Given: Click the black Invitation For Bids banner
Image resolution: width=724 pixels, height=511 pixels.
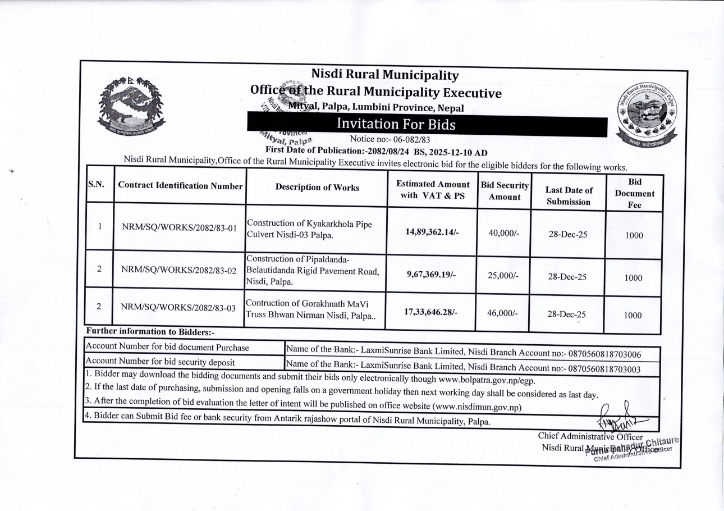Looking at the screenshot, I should click(x=427, y=125).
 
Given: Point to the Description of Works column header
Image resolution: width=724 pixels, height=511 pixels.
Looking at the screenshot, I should click(x=317, y=188).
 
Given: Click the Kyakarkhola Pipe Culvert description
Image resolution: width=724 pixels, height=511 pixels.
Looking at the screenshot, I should click(x=309, y=229).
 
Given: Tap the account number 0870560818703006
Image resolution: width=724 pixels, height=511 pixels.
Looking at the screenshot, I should click(x=605, y=354).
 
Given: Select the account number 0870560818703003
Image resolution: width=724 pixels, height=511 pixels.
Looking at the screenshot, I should click(x=605, y=368).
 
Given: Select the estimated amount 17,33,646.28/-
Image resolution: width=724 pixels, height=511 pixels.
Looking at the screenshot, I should click(x=431, y=311).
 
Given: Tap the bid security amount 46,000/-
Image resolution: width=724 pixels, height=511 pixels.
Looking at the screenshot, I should click(x=502, y=313).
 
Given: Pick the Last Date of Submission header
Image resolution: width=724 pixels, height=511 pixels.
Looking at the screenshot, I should click(x=569, y=196).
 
